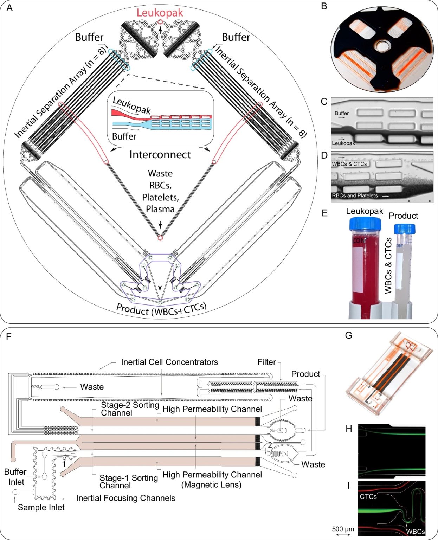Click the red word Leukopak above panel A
[160, 13]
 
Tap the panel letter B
[324, 6]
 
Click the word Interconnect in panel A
[160, 155]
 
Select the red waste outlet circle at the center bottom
[160, 238]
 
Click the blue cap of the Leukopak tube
[365, 224]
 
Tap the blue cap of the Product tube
[405, 229]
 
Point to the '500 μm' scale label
[343, 529]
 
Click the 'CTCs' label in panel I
[368, 496]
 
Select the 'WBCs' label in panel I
[415, 532]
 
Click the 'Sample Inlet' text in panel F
[41, 507]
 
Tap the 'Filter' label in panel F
[266, 362]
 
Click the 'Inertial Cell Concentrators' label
[169, 362]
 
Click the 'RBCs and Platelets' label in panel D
[355, 195]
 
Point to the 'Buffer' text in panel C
[341, 113]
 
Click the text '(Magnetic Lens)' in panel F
[211, 485]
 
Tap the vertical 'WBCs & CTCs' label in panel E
[388, 265]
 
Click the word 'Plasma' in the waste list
[160, 209]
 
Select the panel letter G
[348, 335]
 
